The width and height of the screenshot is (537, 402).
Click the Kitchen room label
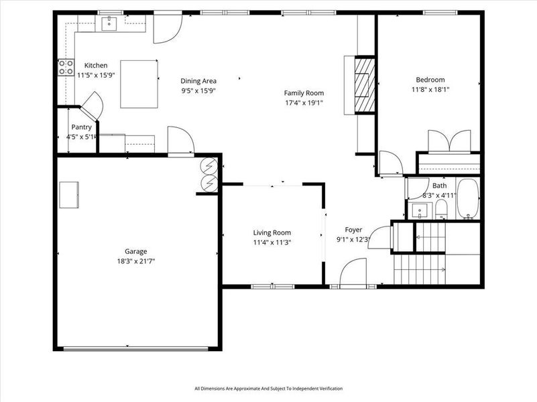click(95, 65)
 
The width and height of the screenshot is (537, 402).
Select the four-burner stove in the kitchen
click(66, 67)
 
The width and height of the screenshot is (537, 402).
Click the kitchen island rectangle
click(139, 84)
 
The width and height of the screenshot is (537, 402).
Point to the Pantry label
click(81, 127)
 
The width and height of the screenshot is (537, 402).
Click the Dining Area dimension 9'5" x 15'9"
click(198, 90)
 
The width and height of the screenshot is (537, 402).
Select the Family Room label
click(304, 93)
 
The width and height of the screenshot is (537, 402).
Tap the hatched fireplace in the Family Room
click(363, 84)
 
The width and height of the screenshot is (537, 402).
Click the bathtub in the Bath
click(467, 199)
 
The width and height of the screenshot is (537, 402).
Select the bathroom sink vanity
click(420, 210)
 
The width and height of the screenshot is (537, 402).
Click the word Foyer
click(353, 230)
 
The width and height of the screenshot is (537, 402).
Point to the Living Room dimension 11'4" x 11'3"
click(272, 243)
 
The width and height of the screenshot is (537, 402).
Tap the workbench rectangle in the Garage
click(69, 195)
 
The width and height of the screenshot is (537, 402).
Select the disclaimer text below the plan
click(268, 389)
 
